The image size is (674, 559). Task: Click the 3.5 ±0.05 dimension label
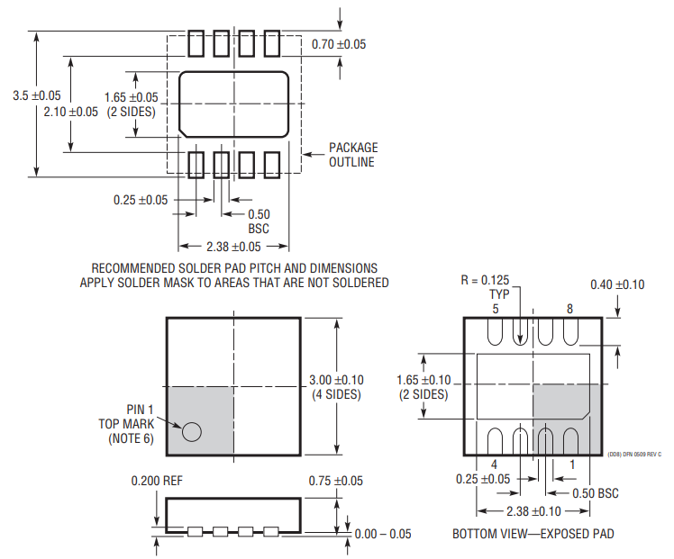pos(37,95)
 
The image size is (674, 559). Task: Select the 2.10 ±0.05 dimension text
pos(71,112)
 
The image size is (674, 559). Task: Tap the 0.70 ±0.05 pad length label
pos(339,44)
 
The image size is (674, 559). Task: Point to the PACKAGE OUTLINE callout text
pos(351,155)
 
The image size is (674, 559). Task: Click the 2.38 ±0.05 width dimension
pos(233,246)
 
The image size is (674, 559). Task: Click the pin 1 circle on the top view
pos(191,431)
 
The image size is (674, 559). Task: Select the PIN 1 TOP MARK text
pos(126,423)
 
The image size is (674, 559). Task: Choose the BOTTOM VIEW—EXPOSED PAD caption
pos(533,534)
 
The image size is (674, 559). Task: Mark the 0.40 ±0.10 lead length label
pos(617,284)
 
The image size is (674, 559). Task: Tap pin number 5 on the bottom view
pos(495,309)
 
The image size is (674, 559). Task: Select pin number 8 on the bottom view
pos(569,309)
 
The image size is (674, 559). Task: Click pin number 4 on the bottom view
pos(495,464)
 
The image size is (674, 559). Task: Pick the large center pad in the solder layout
pos(233,102)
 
